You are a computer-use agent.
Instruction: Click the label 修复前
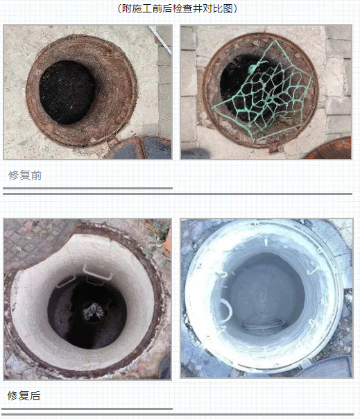pyautogui.click(x=25, y=176)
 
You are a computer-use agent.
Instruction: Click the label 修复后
pyautogui.click(x=24, y=395)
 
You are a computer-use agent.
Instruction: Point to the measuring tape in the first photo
pyautogui.click(x=160, y=40)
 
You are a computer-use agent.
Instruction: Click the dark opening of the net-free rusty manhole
pyautogui.click(x=67, y=92)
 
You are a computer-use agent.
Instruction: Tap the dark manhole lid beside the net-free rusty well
pyautogui.click(x=139, y=148)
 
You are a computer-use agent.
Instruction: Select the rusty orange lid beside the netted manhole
pyautogui.click(x=330, y=149)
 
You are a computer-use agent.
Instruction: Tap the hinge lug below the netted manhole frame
pyautogui.click(x=274, y=148)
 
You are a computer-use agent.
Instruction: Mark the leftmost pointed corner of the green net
pyautogui.click(x=213, y=108)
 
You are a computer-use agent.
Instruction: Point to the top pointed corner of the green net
pyautogui.click(x=275, y=41)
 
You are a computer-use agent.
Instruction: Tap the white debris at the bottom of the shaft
pyautogui.click(x=93, y=311)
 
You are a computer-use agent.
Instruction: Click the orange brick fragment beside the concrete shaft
pyautogui.click(x=168, y=243)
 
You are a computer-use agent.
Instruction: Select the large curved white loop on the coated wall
pyautogui.click(x=227, y=310)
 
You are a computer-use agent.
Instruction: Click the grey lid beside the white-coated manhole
pyautogui.click(x=325, y=368)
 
